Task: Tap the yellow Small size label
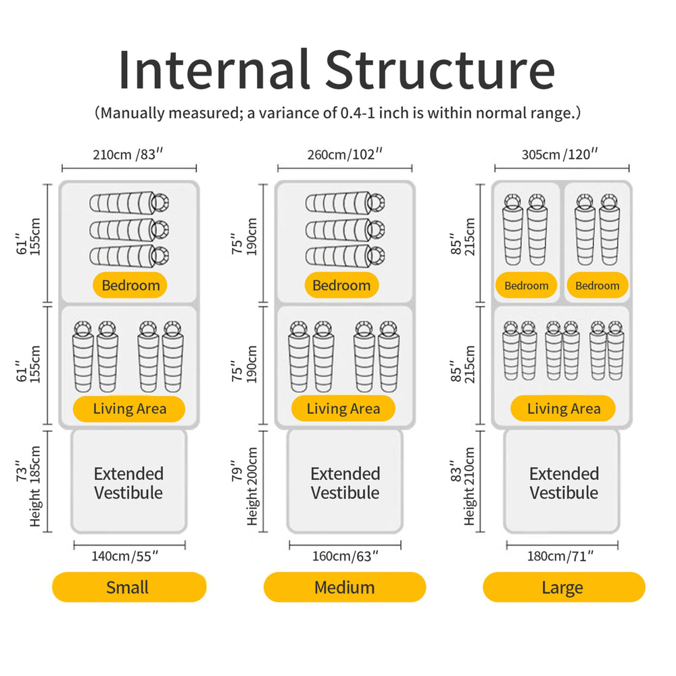point(129,587)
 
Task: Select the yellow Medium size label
point(345,587)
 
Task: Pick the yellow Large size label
point(564,587)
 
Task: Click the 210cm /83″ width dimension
point(128,154)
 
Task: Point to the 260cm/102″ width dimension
point(345,154)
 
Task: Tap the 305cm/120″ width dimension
point(560,154)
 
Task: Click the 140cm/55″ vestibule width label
point(124,556)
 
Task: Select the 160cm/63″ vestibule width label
point(345,556)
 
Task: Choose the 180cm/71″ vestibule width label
point(560,556)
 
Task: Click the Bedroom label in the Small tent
point(130,285)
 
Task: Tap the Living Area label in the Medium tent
point(343,408)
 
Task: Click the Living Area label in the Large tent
point(563,408)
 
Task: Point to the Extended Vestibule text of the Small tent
point(128,483)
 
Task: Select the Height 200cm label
point(252,486)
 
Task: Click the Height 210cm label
point(469,486)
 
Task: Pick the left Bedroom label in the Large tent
point(526,285)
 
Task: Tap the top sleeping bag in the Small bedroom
point(129,203)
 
